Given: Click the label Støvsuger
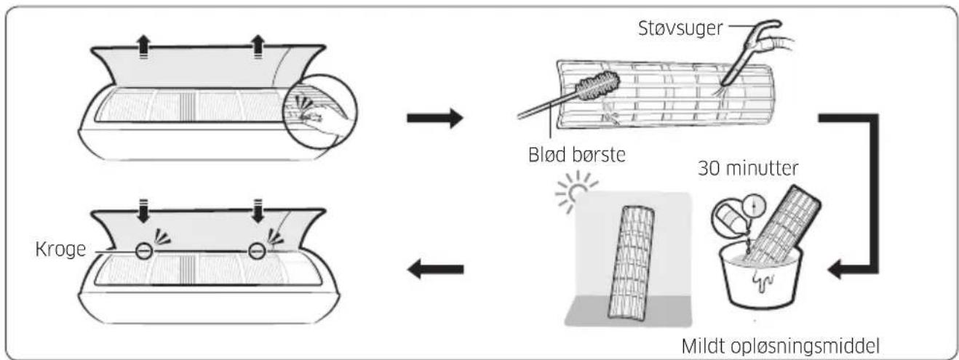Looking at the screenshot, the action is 680,28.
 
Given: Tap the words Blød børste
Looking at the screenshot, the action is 577,154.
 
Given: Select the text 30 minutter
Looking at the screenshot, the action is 748,168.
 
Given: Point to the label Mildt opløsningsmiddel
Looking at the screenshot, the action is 781,346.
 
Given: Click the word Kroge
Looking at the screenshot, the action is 60,249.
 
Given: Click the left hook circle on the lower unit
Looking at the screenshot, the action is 144,251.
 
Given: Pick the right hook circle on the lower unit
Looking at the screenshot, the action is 257,251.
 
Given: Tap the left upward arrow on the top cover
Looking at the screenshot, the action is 144,47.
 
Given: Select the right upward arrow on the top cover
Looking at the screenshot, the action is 258,47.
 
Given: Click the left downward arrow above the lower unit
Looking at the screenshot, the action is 144,211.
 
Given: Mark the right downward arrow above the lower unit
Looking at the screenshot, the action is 258,211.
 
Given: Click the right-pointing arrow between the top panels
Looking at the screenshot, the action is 435,118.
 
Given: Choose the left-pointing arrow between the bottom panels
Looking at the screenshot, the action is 435,269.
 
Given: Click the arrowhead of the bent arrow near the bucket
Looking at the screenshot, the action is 835,269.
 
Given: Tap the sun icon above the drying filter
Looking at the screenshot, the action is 576,191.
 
